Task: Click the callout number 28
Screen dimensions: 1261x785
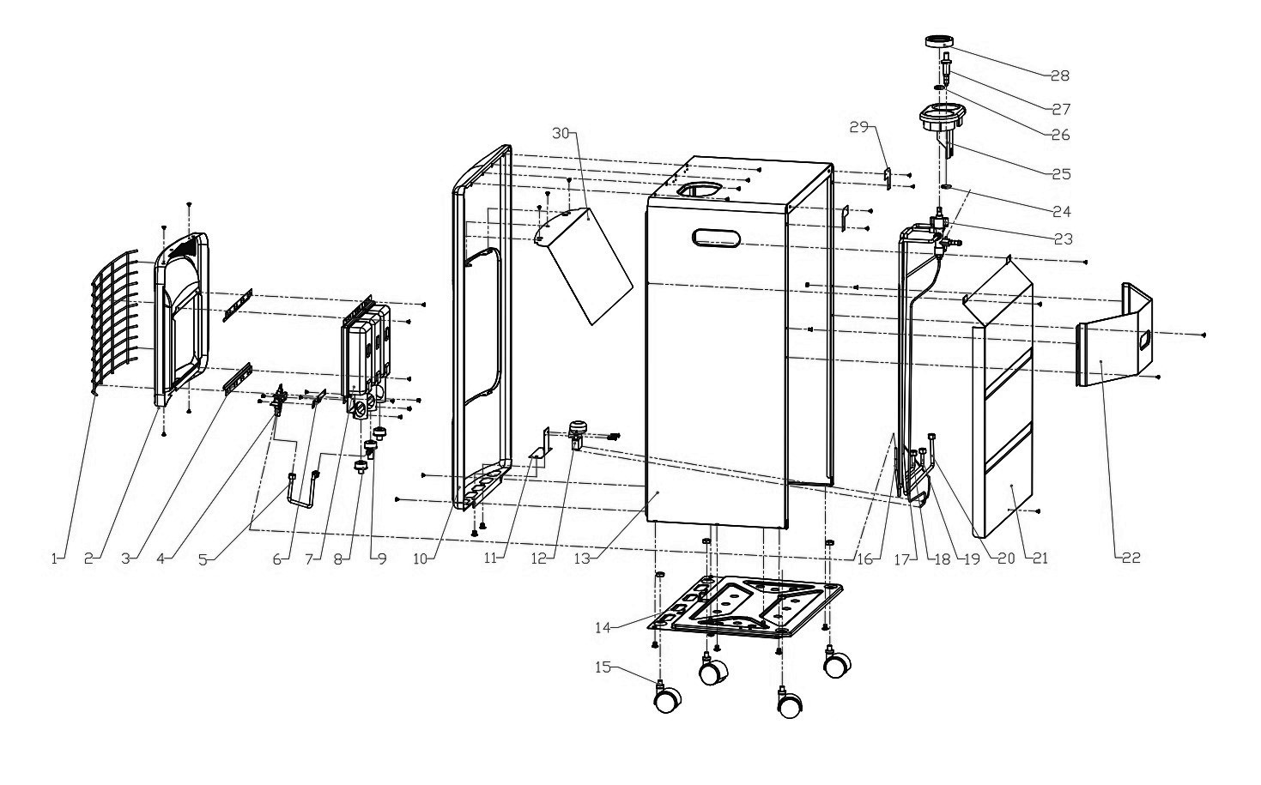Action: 1059,76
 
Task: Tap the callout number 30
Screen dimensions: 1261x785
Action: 561,133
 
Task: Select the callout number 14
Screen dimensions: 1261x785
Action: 603,627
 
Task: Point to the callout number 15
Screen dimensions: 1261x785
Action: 603,667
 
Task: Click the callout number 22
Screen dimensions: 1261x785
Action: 1131,558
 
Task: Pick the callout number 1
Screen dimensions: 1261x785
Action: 55,559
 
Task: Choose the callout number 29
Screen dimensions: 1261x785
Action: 859,128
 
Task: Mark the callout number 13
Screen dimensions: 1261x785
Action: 583,559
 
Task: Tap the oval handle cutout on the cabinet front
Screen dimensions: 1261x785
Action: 718,238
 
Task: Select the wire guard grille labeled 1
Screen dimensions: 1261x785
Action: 115,321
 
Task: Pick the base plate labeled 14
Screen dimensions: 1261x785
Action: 745,607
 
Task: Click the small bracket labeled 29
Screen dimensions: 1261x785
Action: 888,178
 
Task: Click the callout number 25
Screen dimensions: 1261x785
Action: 1061,174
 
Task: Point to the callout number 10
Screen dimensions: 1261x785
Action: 421,559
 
